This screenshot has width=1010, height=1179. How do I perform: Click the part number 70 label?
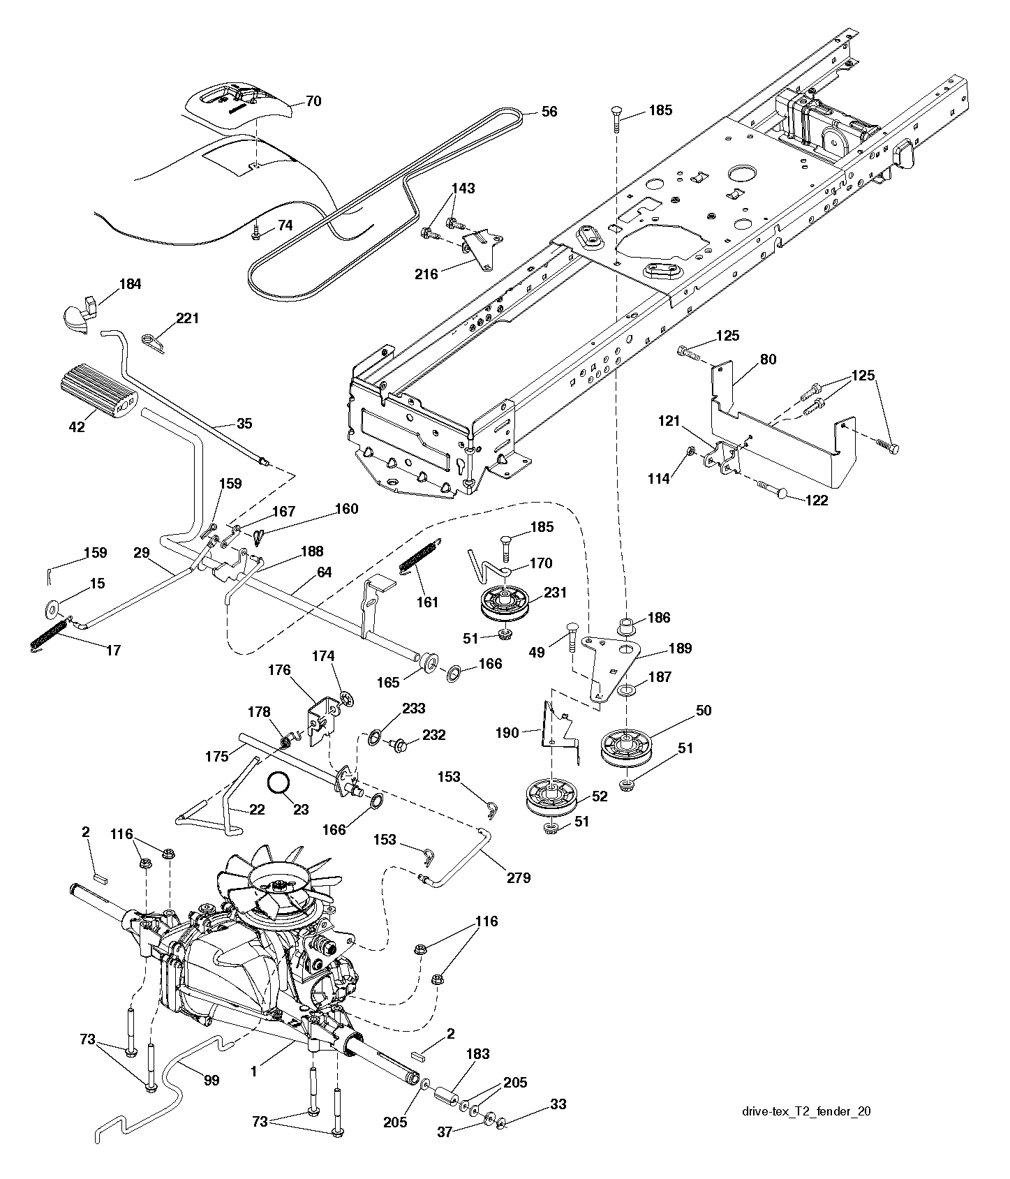pos(313,101)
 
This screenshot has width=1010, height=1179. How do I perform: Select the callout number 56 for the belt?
pos(549,112)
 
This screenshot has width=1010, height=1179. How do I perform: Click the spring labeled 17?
pos(50,636)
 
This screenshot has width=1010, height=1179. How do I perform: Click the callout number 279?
pos(519,877)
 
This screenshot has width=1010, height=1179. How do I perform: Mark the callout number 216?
pos(426,274)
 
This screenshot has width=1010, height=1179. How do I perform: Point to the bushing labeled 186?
pos(626,623)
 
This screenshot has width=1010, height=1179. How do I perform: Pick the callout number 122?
pos(816,500)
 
